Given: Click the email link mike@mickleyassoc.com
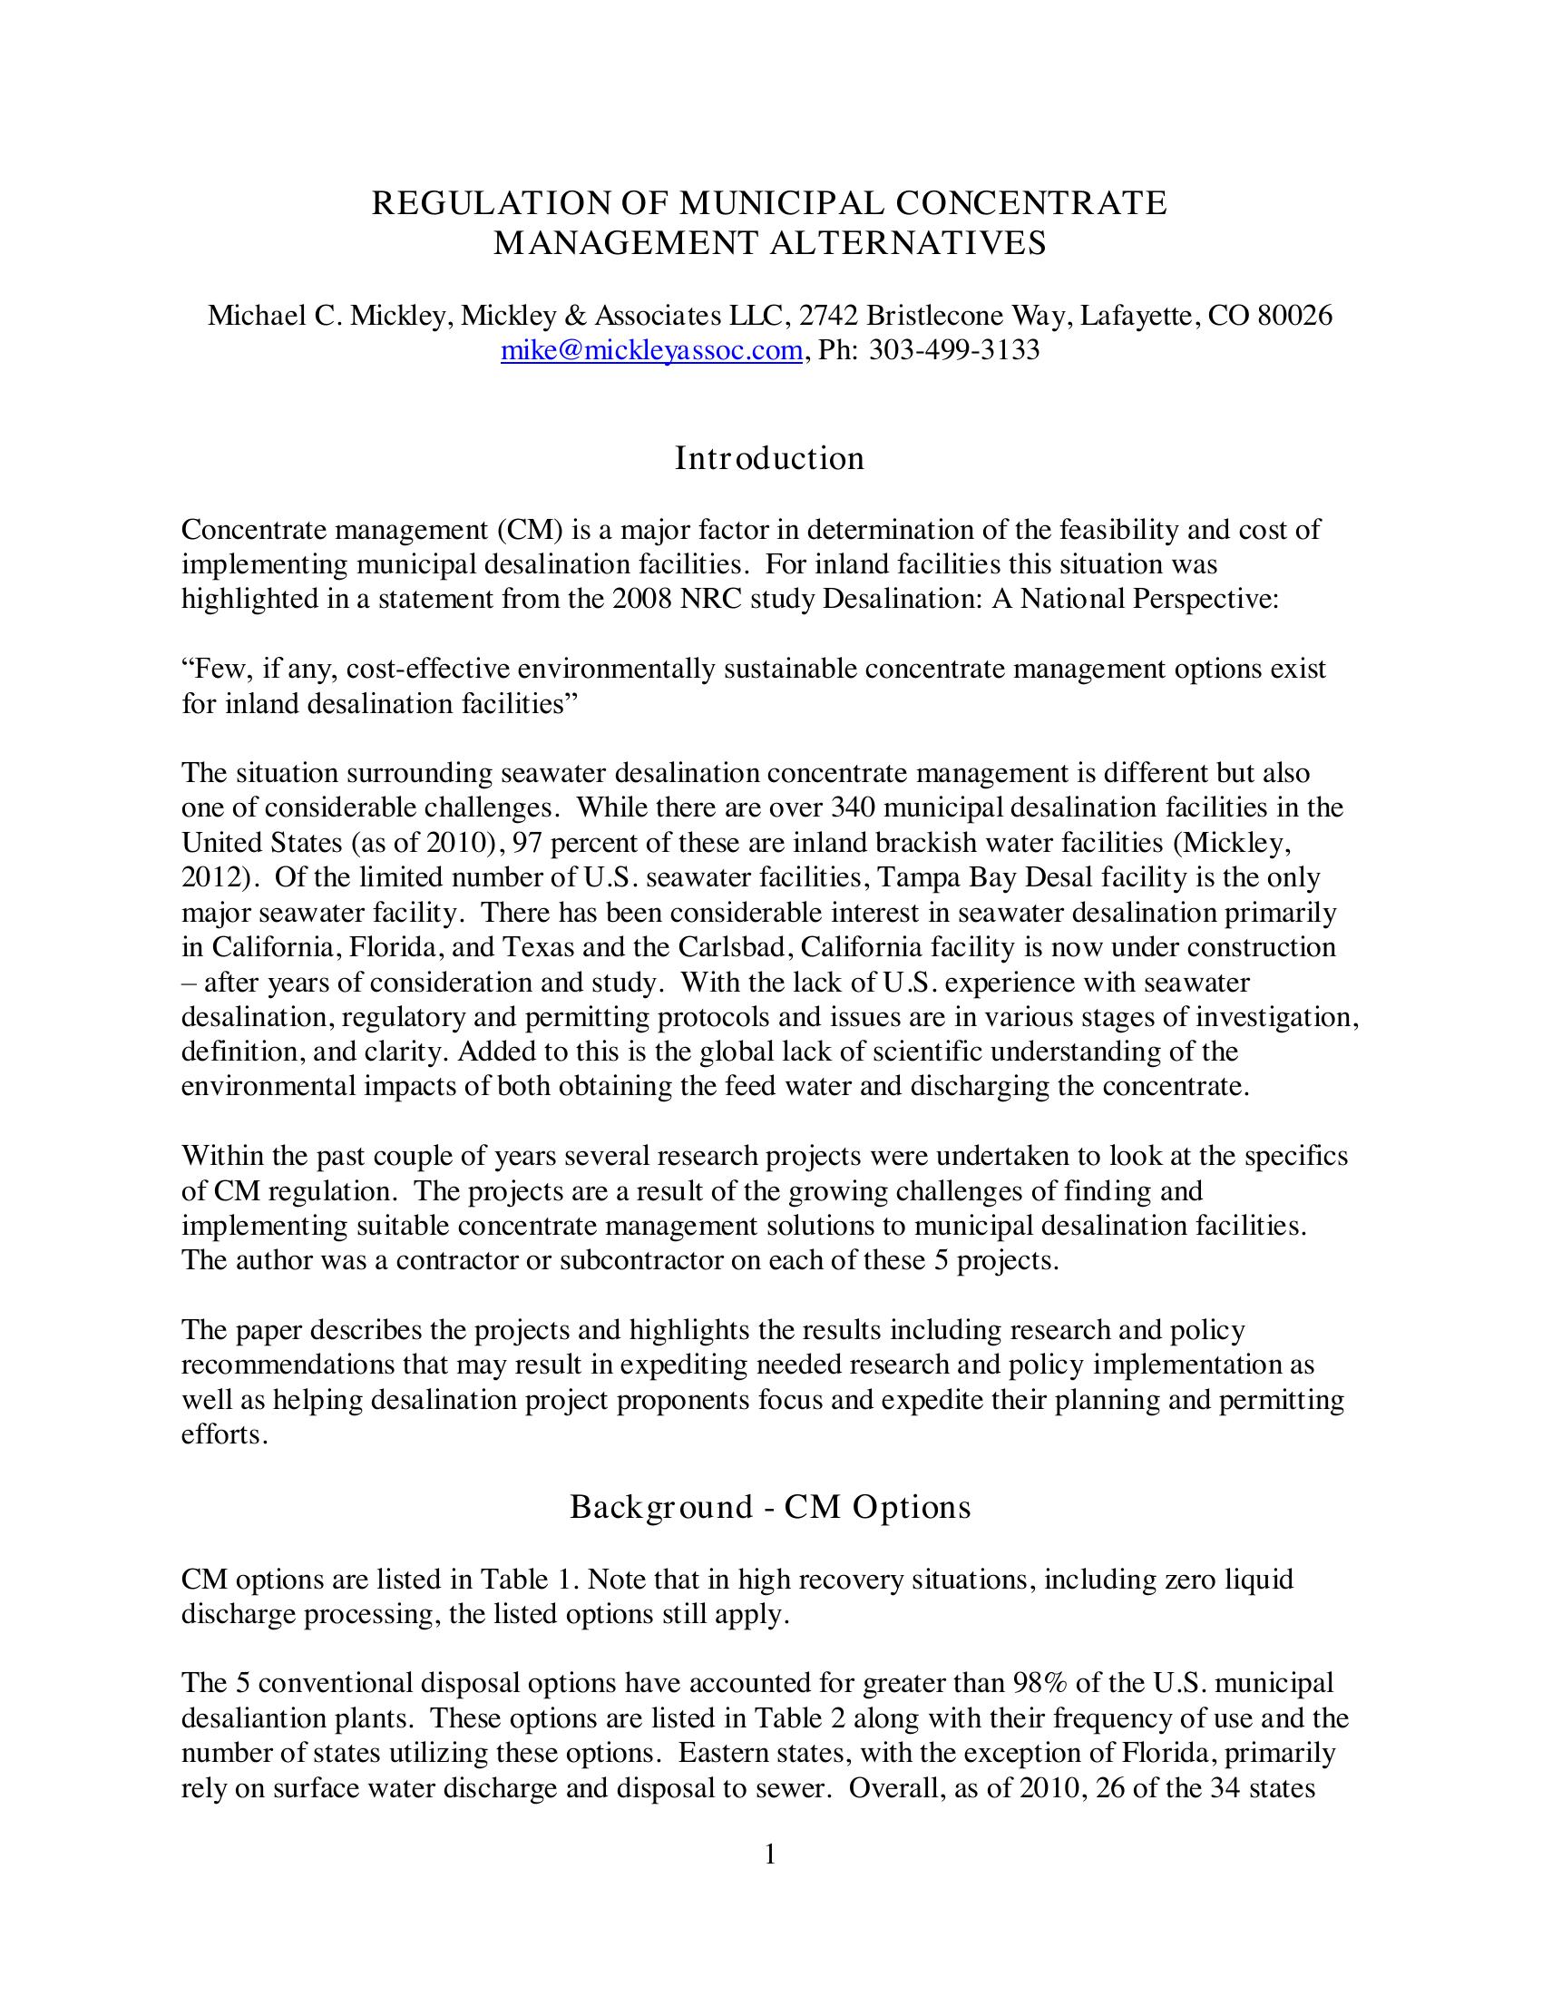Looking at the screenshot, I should point(651,350).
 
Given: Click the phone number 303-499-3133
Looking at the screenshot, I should point(953,350).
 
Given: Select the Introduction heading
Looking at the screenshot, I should point(769,458).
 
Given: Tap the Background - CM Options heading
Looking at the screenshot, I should point(769,1506).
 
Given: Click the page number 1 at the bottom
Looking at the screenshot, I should point(770,1854).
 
